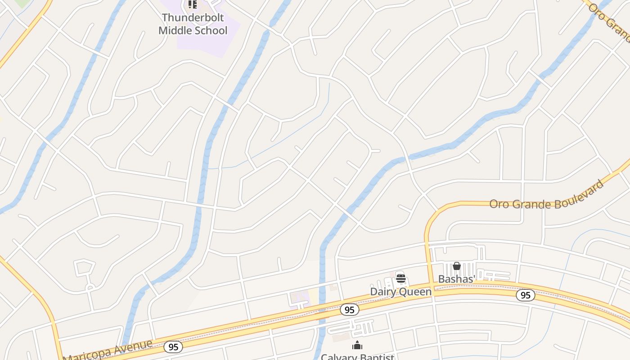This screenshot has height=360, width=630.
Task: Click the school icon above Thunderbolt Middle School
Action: [x=193, y=4]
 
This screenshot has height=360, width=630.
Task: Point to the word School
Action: [x=211, y=31]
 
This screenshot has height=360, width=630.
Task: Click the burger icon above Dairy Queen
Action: [x=400, y=278]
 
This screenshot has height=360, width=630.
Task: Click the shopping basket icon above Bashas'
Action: [x=457, y=266]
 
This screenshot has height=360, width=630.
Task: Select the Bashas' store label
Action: [x=457, y=279]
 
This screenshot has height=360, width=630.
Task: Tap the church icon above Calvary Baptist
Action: [x=357, y=346]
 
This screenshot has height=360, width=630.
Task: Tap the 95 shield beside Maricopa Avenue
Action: [x=173, y=346]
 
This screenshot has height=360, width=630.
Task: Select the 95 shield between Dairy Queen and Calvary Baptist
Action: [x=349, y=310]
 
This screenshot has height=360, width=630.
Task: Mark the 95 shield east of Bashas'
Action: [x=525, y=295]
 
